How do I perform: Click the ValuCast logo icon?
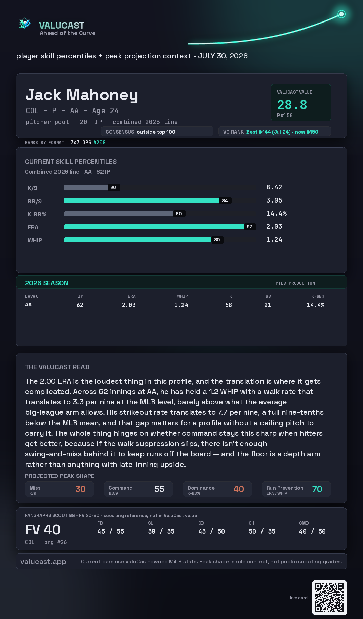click(25, 23)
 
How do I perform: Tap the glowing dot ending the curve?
click(341, 14)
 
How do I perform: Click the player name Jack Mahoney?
click(82, 95)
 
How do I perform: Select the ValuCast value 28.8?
click(292, 105)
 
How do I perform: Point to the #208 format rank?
click(99, 142)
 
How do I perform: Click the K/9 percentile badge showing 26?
click(113, 187)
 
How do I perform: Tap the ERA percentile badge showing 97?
click(249, 227)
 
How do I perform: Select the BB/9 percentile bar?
click(142, 201)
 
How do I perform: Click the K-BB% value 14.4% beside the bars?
click(276, 214)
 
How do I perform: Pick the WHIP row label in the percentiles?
click(35, 240)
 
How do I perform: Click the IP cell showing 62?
click(80, 305)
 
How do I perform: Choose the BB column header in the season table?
click(268, 296)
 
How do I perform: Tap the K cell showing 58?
click(229, 305)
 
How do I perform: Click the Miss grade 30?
click(80, 489)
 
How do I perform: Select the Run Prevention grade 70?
click(317, 489)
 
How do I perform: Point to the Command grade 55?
click(159, 489)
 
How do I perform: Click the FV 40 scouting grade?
click(43, 530)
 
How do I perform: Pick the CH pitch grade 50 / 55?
click(262, 531)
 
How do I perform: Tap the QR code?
click(329, 598)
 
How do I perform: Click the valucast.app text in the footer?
click(43, 562)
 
